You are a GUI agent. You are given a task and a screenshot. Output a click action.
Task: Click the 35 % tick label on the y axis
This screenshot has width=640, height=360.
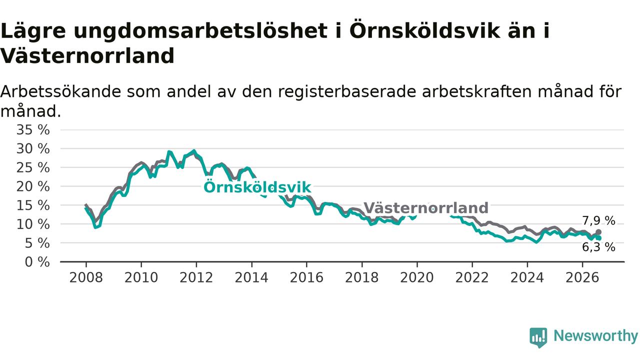pos(33,130)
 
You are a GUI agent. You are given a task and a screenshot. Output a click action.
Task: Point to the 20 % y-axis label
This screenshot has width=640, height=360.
pos(33,187)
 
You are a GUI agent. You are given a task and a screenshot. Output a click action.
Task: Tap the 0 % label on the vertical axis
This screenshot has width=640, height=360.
pos(37,262)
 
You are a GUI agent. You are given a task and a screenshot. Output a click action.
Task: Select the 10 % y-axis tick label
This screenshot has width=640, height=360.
pos(33,224)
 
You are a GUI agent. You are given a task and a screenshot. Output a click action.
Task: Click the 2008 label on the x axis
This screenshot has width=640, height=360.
pos(86,277)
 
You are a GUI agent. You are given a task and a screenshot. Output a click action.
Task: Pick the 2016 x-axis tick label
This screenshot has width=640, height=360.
pos(306,277)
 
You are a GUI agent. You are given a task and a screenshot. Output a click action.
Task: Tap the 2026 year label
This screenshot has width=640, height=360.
pos(582,277)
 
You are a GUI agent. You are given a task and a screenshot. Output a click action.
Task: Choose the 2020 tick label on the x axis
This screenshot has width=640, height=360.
pos(417,277)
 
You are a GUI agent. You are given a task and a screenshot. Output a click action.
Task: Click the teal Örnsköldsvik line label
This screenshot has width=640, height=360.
pos(257,187)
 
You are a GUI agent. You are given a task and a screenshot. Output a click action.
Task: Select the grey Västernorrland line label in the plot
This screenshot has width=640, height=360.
pos(425,207)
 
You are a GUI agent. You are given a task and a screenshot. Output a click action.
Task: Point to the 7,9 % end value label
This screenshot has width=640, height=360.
pos(599,221)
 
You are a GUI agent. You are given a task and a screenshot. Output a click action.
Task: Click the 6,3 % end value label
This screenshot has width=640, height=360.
pos(599,247)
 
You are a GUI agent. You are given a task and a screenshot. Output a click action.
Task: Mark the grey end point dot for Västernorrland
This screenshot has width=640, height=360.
pos(598,232)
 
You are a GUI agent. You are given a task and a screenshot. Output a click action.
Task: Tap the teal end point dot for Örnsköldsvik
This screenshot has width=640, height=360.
pos(599,238)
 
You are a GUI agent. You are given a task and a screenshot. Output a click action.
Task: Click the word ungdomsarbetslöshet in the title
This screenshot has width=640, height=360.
pos(200,31)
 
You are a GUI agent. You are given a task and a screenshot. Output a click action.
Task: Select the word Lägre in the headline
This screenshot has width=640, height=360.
pos(33,31)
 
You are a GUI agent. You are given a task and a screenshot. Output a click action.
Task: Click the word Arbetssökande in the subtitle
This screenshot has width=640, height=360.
pos(61,91)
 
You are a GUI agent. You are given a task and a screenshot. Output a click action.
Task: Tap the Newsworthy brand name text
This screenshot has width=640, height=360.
pos(595,336)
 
